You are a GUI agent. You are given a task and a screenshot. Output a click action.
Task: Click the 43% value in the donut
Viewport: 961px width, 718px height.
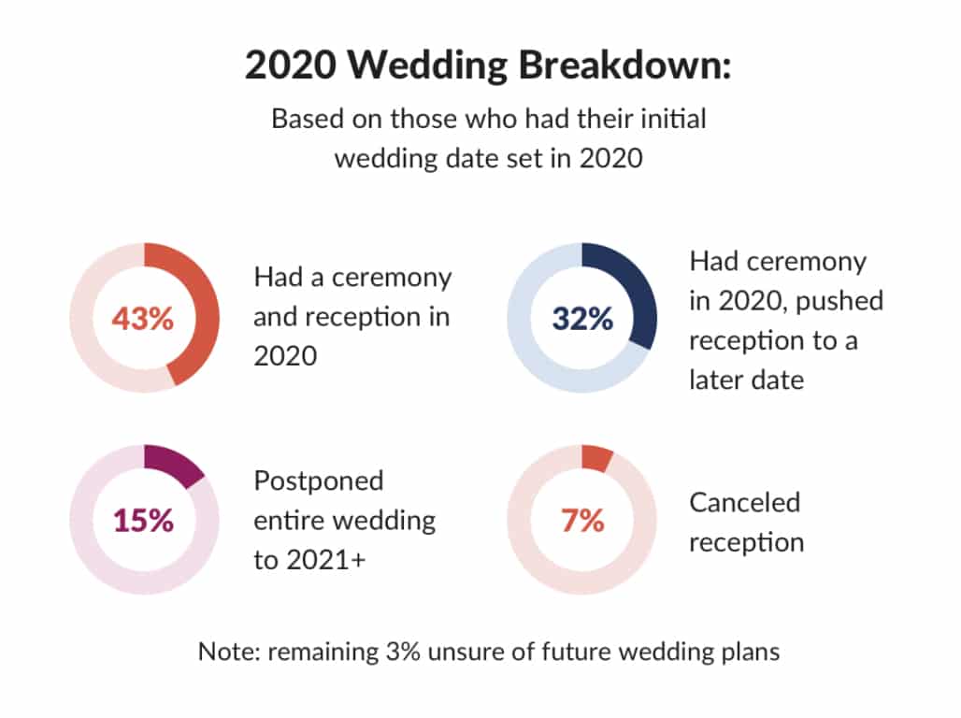pos(143,319)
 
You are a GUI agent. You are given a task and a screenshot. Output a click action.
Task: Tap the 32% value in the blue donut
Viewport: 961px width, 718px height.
pos(582,319)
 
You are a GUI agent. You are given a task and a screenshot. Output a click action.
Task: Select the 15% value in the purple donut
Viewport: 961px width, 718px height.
pos(143,521)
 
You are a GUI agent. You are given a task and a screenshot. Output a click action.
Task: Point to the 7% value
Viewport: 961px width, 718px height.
pos(582,521)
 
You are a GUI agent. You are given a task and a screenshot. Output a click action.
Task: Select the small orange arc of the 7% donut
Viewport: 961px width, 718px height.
pos(597,458)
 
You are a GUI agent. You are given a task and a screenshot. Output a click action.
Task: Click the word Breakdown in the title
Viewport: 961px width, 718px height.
pos(625,64)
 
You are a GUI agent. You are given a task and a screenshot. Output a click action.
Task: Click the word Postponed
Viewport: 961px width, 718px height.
pos(319,481)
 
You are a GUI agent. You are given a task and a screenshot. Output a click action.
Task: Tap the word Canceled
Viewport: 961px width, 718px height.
pos(745,503)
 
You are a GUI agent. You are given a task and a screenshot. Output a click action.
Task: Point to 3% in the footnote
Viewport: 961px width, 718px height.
pos(403,652)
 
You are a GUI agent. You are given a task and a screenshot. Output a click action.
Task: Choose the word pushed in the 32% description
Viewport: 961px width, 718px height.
pos(839,302)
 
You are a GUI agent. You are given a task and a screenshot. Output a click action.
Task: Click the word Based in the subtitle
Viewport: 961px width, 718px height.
pos(307,119)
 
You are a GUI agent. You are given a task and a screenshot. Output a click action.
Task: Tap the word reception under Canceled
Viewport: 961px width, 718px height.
pos(747,543)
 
